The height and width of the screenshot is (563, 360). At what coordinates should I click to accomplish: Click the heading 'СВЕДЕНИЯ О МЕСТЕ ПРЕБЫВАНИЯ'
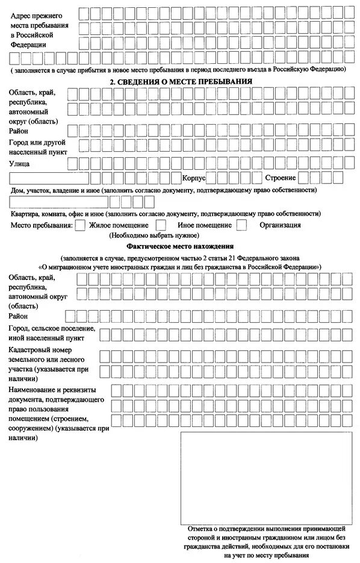click(180, 81)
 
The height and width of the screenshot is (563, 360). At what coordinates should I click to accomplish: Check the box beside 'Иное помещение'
click(161, 225)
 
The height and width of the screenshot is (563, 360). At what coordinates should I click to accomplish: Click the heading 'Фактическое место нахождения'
click(180, 247)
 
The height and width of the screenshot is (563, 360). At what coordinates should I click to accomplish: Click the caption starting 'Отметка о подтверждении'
click(265, 528)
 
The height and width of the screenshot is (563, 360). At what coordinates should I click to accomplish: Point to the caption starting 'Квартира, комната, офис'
click(166, 213)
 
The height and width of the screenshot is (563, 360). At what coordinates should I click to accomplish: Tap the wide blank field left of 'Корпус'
click(49, 178)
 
